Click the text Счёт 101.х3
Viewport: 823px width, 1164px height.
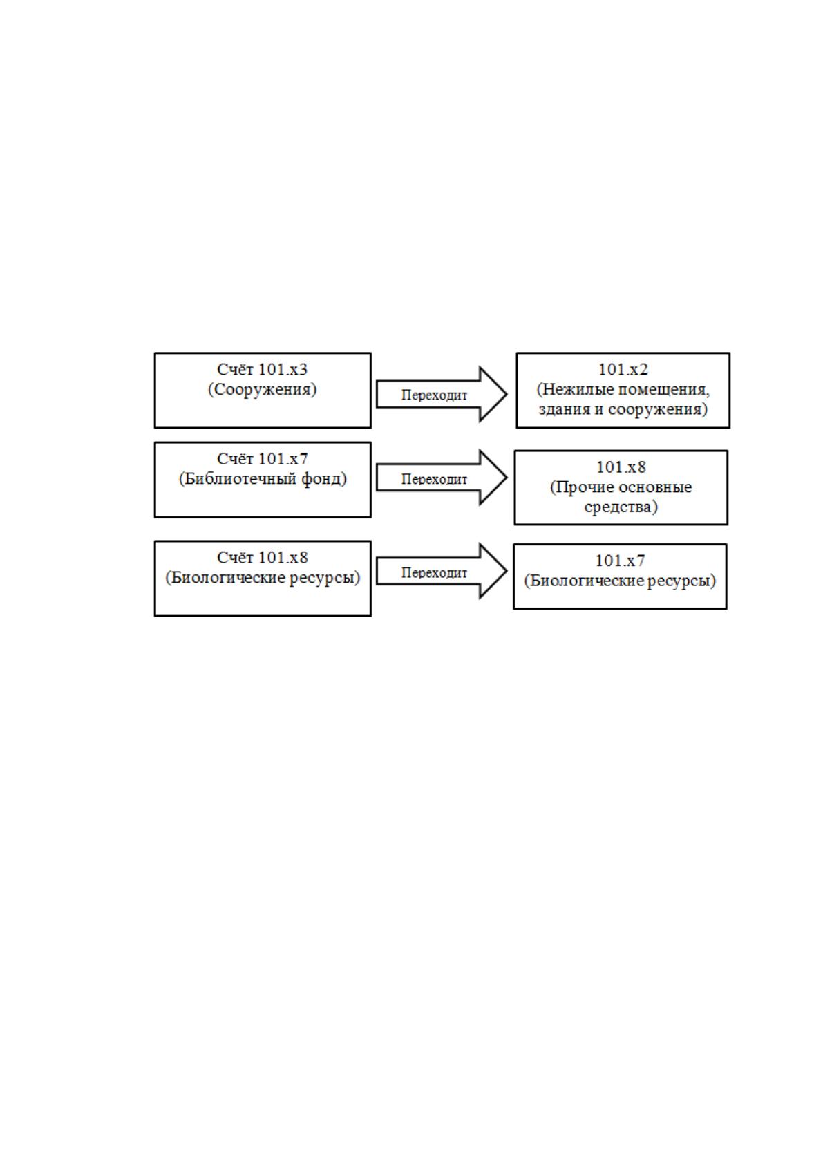[263, 370]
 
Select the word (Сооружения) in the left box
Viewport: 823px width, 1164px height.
[263, 389]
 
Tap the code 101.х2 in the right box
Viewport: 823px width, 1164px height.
[623, 370]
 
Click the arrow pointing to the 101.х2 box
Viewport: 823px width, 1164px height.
[441, 394]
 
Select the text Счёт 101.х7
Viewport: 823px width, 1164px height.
[263, 459]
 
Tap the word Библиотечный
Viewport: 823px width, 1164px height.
[238, 478]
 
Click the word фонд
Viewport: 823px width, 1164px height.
[324, 478]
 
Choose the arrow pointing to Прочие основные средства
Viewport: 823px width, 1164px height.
[441, 477]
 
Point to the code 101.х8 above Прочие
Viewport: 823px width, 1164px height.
[621, 467]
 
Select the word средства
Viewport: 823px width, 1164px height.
[621, 507]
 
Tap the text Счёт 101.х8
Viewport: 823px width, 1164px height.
[263, 558]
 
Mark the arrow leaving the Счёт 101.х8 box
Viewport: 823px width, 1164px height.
[441, 570]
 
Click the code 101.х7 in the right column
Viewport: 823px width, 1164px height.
[620, 561]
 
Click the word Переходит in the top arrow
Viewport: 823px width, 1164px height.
[434, 395]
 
